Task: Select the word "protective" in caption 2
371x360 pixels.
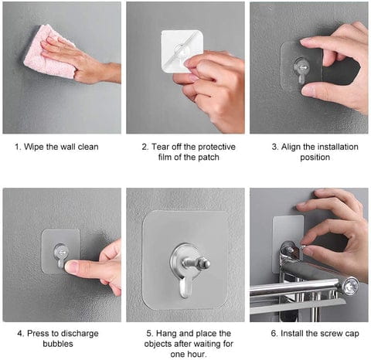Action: pos(217,147)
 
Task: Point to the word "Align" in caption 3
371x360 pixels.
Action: pos(291,147)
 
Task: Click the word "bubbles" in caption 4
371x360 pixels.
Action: pos(58,344)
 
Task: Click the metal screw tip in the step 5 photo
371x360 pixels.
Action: pos(206,263)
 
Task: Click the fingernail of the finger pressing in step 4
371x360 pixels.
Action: pos(70,267)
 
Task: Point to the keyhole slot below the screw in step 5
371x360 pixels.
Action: pos(185,287)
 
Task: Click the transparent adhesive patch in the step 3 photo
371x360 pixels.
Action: pos(301,66)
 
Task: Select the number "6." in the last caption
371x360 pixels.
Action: pos(274,334)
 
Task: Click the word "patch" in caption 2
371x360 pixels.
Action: pos(209,158)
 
